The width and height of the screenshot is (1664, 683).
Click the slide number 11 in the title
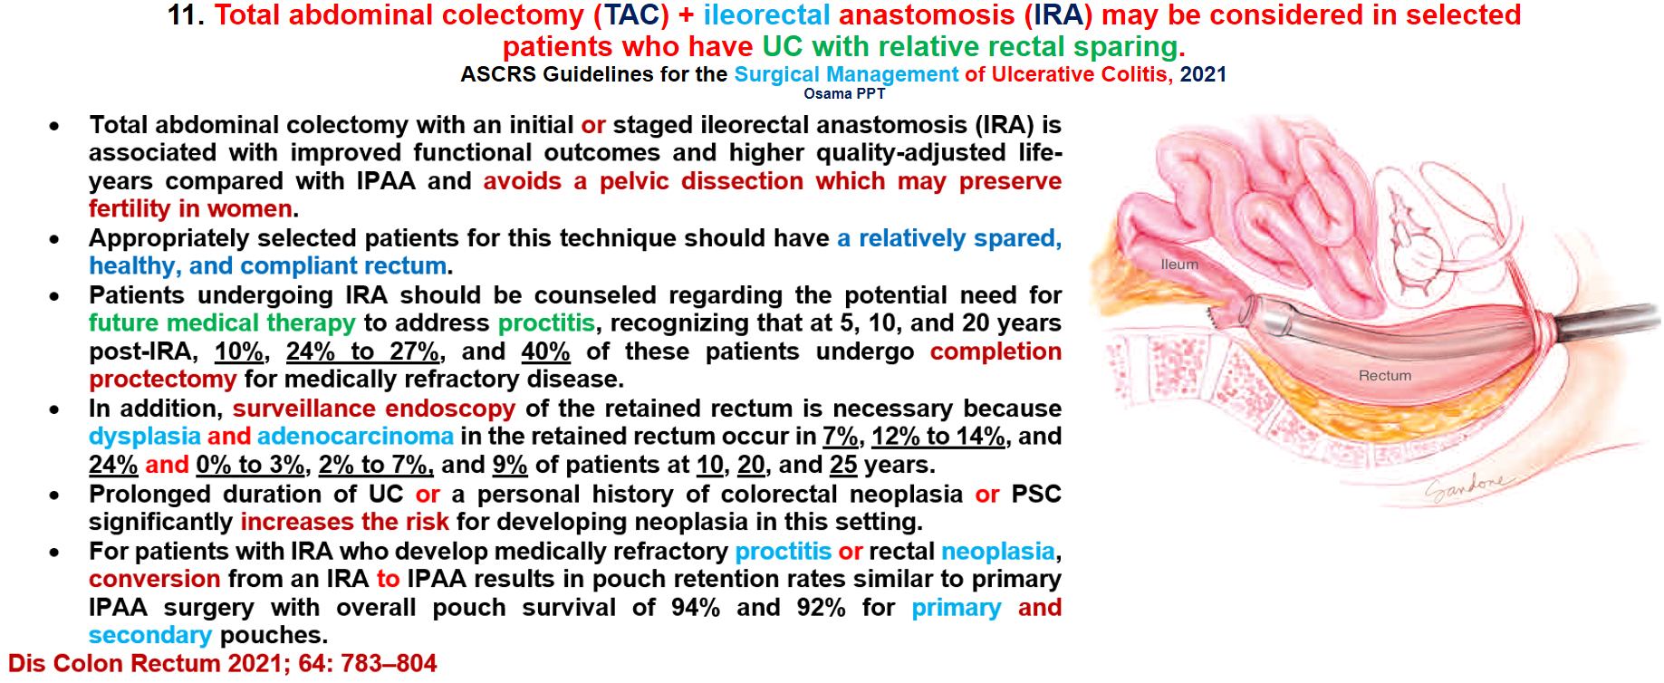pos(187,15)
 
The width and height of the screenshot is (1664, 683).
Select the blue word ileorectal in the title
pos(766,15)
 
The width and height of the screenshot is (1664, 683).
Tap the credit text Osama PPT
pos(844,93)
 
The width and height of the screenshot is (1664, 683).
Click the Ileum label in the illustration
pos(1179,265)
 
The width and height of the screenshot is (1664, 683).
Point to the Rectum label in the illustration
pos(1385,375)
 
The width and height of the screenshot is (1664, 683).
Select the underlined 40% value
pos(545,351)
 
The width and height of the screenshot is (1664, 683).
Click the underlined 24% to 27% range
pos(363,351)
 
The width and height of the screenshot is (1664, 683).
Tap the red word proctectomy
pos(163,379)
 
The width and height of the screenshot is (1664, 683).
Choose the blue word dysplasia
pos(145,437)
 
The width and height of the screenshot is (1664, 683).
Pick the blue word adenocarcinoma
pos(355,437)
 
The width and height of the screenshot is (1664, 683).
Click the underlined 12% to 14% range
pos(938,437)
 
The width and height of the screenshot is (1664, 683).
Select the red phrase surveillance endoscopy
pos(374,409)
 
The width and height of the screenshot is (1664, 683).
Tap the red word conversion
pos(155,579)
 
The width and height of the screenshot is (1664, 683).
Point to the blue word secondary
pos(150,635)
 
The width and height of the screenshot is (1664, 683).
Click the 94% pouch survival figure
pos(696,607)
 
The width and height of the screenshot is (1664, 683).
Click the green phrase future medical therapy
pos(222,323)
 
